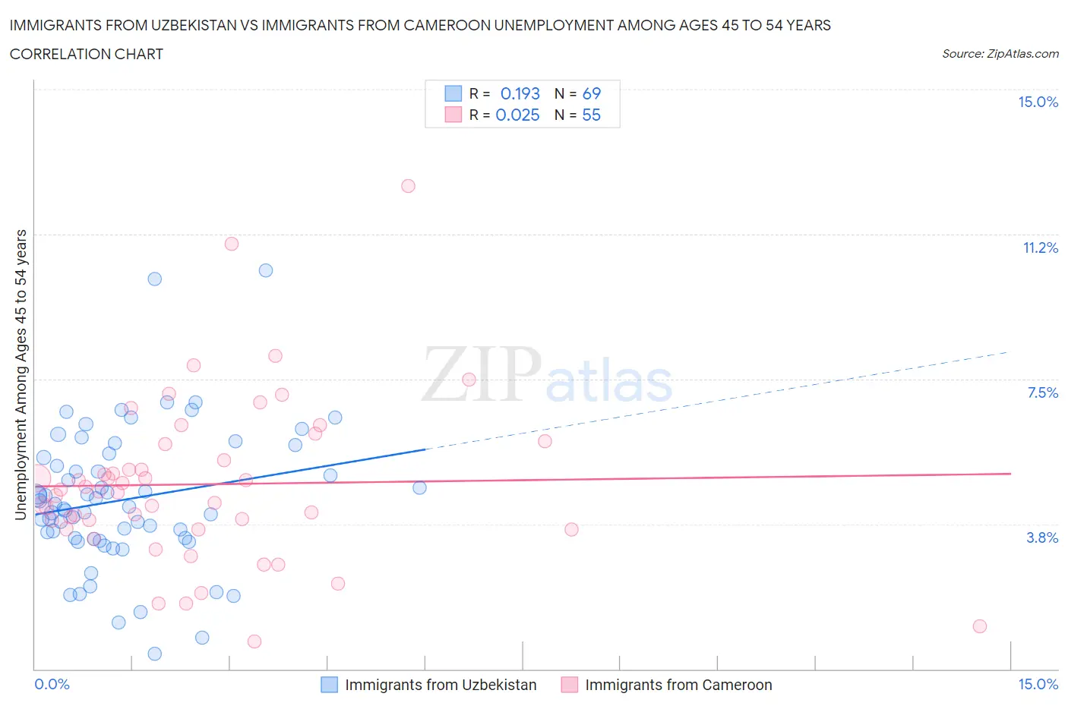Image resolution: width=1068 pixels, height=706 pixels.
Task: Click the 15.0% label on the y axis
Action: tap(1038, 102)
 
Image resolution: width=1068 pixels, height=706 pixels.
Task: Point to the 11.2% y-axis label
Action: tap(1040, 247)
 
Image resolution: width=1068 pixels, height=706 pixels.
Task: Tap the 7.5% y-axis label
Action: tap(1042, 392)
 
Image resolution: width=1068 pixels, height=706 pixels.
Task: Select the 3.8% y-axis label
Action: tap(1042, 537)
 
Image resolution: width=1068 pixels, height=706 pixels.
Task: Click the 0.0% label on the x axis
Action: tap(52, 684)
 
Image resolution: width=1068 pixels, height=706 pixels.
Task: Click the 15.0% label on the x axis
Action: tap(1038, 684)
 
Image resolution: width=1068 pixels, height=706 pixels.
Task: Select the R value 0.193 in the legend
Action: tap(520, 93)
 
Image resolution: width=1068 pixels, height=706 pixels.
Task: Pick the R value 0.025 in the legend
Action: tap(517, 115)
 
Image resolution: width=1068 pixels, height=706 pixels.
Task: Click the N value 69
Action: tap(591, 93)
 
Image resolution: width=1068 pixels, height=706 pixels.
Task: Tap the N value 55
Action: tap(591, 115)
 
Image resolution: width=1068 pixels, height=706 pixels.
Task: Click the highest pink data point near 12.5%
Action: tap(408, 186)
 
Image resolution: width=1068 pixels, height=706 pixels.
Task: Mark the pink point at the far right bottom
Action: tap(980, 626)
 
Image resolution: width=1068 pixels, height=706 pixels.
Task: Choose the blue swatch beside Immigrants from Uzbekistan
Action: tap(329, 685)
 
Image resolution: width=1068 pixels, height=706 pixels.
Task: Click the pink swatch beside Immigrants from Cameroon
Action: tap(569, 685)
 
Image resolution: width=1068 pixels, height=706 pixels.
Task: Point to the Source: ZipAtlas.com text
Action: tap(1000, 53)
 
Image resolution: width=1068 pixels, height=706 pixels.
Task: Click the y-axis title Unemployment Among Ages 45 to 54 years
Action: tap(21, 375)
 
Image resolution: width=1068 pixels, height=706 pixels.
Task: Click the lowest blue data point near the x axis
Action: tap(154, 654)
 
